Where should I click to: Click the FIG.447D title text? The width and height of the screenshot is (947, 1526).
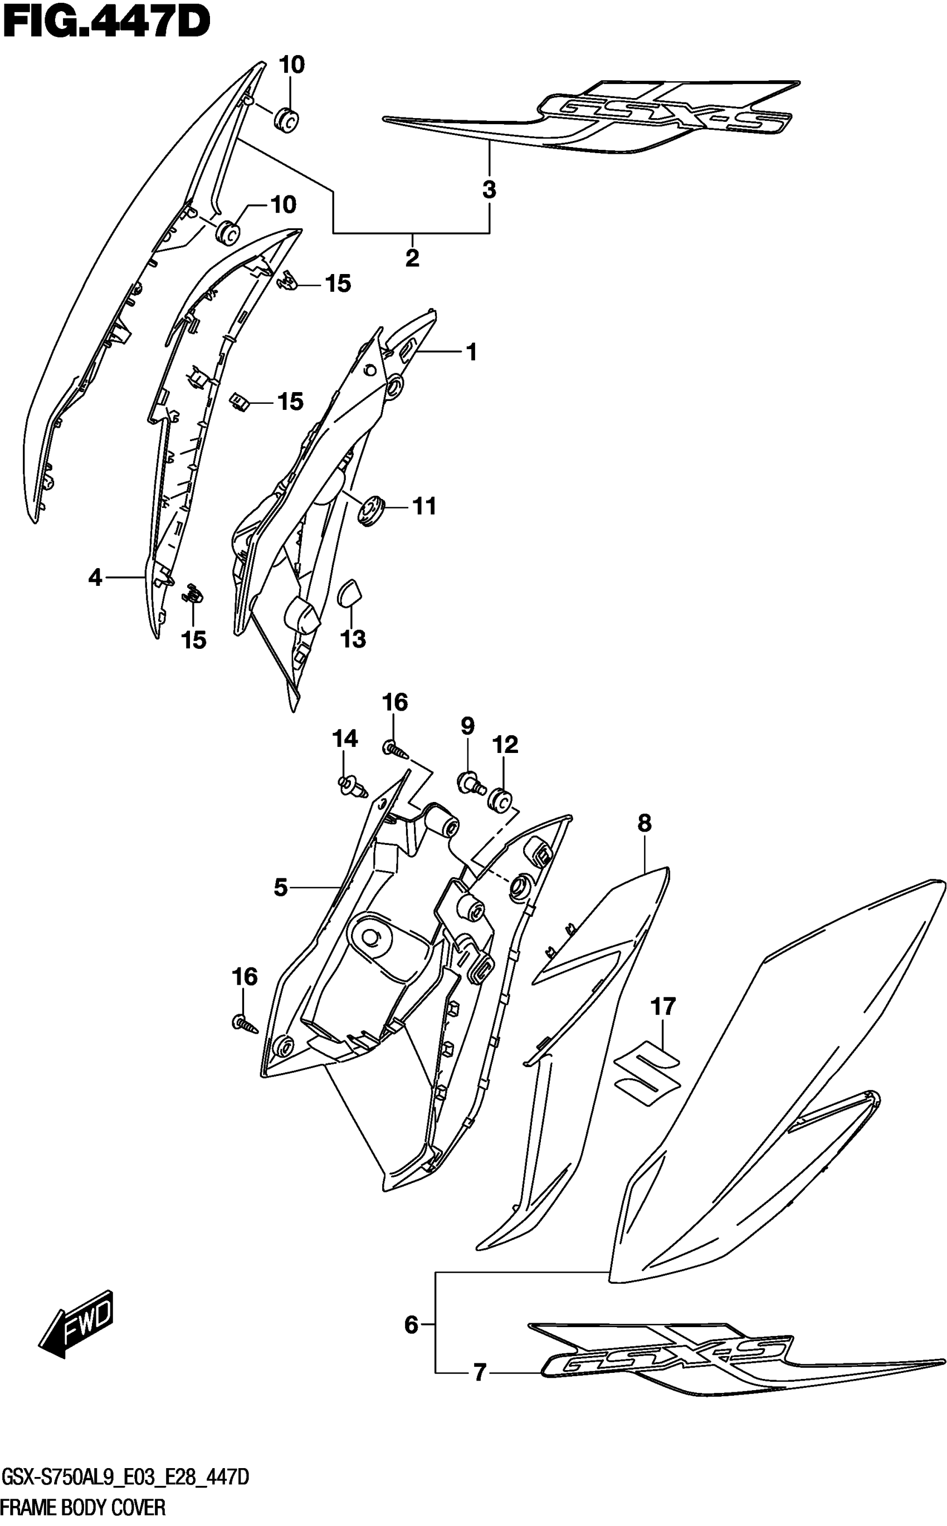point(106,24)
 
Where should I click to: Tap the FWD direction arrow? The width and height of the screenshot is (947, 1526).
point(76,1324)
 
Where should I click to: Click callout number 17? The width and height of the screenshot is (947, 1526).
point(663,1006)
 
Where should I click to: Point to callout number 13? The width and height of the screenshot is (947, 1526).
point(353,639)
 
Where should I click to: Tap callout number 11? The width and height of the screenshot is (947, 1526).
point(424,505)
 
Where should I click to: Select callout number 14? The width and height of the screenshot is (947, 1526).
point(344,739)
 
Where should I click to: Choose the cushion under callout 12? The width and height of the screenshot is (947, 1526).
point(501,800)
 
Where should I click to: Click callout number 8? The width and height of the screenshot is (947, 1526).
point(645,823)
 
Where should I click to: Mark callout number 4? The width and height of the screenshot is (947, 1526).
point(95,577)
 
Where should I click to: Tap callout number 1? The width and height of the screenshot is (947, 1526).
point(472,352)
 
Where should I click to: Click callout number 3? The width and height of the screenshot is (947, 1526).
point(489,189)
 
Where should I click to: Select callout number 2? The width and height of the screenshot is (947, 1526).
point(412,257)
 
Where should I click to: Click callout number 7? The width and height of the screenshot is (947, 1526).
point(480,1373)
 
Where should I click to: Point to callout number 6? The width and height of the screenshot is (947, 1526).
point(411,1324)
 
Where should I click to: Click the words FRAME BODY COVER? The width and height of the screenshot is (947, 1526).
point(84,1507)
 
